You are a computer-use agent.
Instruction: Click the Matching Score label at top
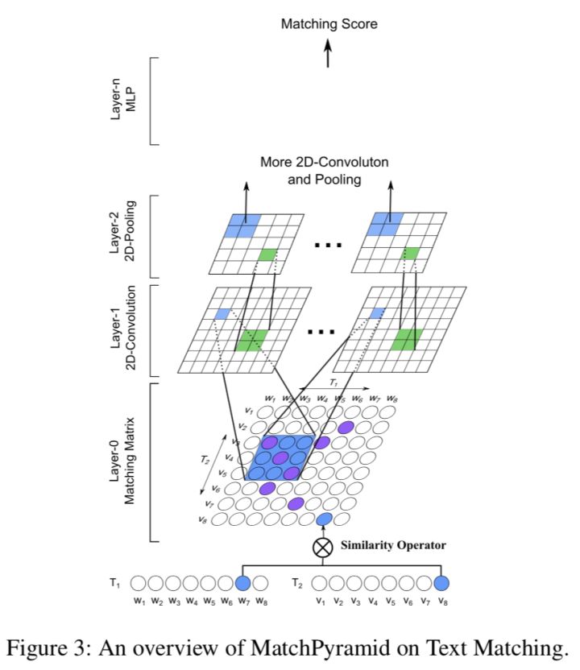pos(329,24)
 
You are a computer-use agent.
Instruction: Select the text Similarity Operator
pos(394,545)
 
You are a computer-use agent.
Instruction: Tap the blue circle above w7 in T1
pos(243,582)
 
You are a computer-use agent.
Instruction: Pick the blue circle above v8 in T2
pos(441,582)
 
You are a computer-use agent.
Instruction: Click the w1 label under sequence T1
pos(139,602)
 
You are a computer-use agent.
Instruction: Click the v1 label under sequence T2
pos(320,602)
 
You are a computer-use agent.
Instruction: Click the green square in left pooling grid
pos(266,255)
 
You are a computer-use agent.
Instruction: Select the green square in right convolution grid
pos(407,339)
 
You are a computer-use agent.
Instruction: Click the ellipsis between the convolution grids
pos(322,330)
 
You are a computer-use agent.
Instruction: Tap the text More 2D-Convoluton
pos(324,162)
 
